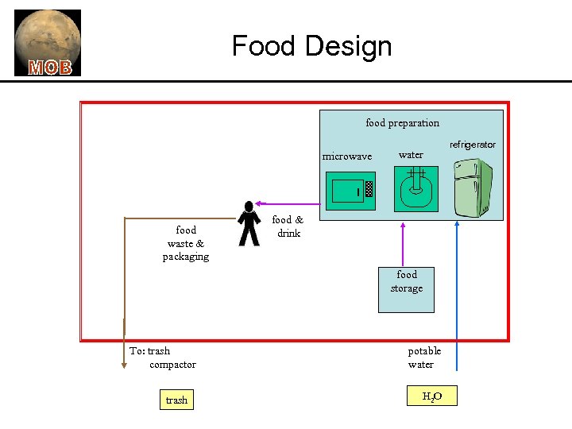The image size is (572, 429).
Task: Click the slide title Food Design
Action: click(311, 46)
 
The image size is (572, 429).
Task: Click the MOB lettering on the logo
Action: click(50, 68)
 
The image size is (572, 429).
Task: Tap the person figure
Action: click(249, 223)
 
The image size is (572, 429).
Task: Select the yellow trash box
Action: click(176, 400)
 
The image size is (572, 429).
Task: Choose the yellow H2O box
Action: click(432, 396)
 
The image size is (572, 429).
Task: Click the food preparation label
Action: click(402, 123)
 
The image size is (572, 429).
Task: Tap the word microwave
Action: click(346, 157)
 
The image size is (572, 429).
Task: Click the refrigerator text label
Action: click(472, 145)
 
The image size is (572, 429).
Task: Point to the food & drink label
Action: click(288, 226)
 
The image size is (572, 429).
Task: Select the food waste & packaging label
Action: click(186, 243)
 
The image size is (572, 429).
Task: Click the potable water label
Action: click(424, 357)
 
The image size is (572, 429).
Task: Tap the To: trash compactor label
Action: click(162, 357)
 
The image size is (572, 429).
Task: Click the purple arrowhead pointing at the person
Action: click(258, 203)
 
